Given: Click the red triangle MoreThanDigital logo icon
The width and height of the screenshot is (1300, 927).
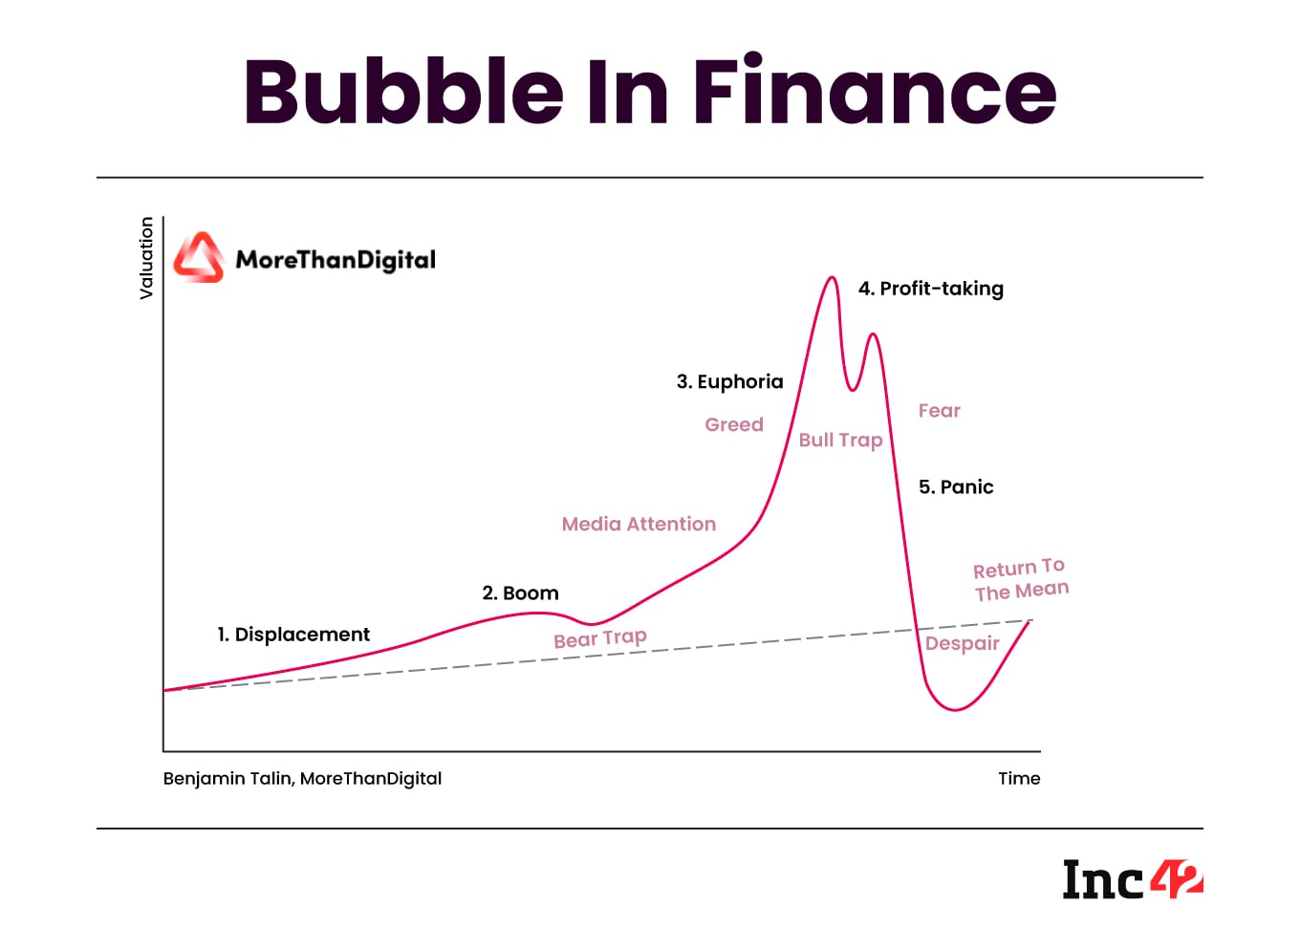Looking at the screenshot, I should point(199,258).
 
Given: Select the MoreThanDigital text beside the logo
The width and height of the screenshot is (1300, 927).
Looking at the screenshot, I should point(336,260).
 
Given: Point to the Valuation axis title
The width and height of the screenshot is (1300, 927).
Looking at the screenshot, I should point(146,258).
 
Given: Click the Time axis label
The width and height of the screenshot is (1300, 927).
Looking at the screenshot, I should point(1019,778).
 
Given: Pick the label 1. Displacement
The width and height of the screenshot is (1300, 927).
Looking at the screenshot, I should point(293,635).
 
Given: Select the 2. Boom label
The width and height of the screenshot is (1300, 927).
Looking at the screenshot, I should point(520,593).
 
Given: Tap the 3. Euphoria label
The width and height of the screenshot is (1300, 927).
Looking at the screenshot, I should point(729,382).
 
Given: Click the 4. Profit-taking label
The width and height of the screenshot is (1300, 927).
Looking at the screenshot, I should point(931,289).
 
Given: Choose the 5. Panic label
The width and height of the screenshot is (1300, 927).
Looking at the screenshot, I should point(956,487).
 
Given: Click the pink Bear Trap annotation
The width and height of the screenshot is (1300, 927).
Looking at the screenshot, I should point(600,638).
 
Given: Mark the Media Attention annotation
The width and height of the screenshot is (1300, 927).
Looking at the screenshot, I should point(639,524).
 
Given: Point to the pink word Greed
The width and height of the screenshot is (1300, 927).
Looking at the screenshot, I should point(734,424).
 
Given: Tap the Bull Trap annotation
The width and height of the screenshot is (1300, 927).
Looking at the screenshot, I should point(840,440).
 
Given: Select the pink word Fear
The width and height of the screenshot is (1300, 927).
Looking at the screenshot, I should point(939,411).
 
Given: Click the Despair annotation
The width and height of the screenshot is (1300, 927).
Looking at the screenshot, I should point(962,643).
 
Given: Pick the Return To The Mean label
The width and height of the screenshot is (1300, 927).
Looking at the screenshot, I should point(1020,580).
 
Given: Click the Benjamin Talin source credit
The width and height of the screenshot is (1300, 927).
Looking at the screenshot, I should point(302,778).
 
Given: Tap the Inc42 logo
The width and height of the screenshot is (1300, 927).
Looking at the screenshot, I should point(1133,879).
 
